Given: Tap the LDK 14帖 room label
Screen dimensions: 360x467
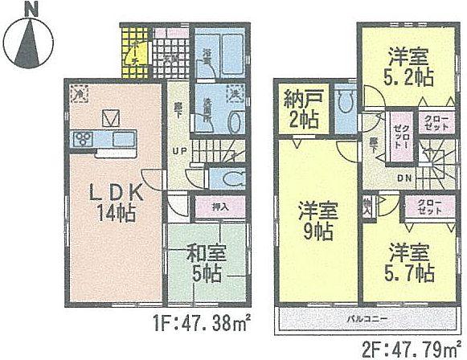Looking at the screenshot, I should click(x=111, y=203).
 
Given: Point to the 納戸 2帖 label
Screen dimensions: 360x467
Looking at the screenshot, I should click(x=301, y=112).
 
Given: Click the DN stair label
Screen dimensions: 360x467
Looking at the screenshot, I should click(x=405, y=178).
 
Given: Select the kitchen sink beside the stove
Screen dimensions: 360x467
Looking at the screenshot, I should click(x=125, y=139).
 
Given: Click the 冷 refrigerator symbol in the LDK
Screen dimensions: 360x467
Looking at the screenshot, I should click(x=79, y=92).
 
